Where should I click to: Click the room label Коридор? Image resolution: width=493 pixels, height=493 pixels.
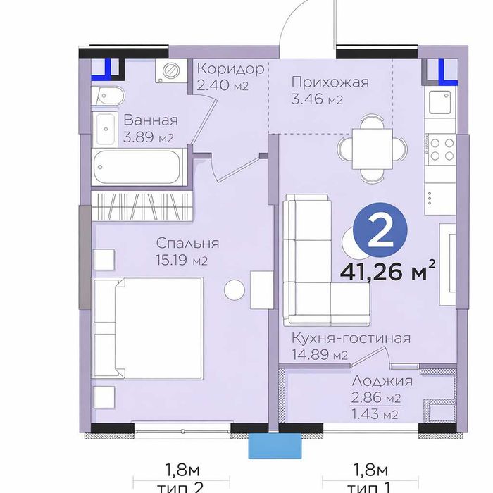(230, 69)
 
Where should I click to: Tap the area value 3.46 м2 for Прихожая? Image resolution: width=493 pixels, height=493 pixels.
(317, 99)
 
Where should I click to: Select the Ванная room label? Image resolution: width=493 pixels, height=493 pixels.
(150, 120)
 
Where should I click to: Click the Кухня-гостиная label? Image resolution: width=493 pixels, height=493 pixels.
(351, 337)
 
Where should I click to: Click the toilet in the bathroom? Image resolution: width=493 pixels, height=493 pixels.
(110, 96)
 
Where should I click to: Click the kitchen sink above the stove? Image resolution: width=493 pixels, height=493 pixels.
(442, 104)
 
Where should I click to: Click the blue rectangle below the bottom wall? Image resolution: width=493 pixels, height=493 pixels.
(274, 445)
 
